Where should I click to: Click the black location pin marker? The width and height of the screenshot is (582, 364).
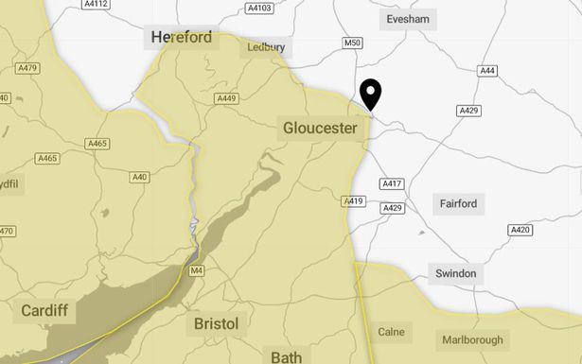click(371, 95)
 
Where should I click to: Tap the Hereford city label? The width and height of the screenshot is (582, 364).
click(183, 38)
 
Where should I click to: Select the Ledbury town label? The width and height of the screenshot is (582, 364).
click(266, 46)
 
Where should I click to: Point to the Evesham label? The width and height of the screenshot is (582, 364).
click(409, 20)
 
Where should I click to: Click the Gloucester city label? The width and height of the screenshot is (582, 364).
click(320, 128)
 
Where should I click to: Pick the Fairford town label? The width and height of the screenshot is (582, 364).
click(459, 203)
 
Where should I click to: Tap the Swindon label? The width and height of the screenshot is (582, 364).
click(456, 274)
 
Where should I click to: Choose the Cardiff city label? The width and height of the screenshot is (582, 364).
click(45, 310)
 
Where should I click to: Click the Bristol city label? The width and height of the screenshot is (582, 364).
click(216, 324)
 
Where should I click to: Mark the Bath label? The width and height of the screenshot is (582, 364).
click(286, 357)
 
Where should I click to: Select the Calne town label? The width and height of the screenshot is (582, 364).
click(391, 332)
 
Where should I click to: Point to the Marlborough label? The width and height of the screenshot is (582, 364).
click(473, 339)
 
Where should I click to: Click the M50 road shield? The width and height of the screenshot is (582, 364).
click(352, 43)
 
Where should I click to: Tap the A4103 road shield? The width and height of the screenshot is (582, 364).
click(258, 9)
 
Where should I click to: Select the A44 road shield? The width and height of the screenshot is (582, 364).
click(487, 71)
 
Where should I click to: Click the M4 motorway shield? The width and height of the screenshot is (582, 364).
click(197, 271)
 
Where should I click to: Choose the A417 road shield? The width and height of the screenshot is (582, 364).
click(391, 182)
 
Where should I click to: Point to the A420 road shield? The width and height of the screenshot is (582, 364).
click(520, 230)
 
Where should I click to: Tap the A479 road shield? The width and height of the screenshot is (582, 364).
click(27, 68)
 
